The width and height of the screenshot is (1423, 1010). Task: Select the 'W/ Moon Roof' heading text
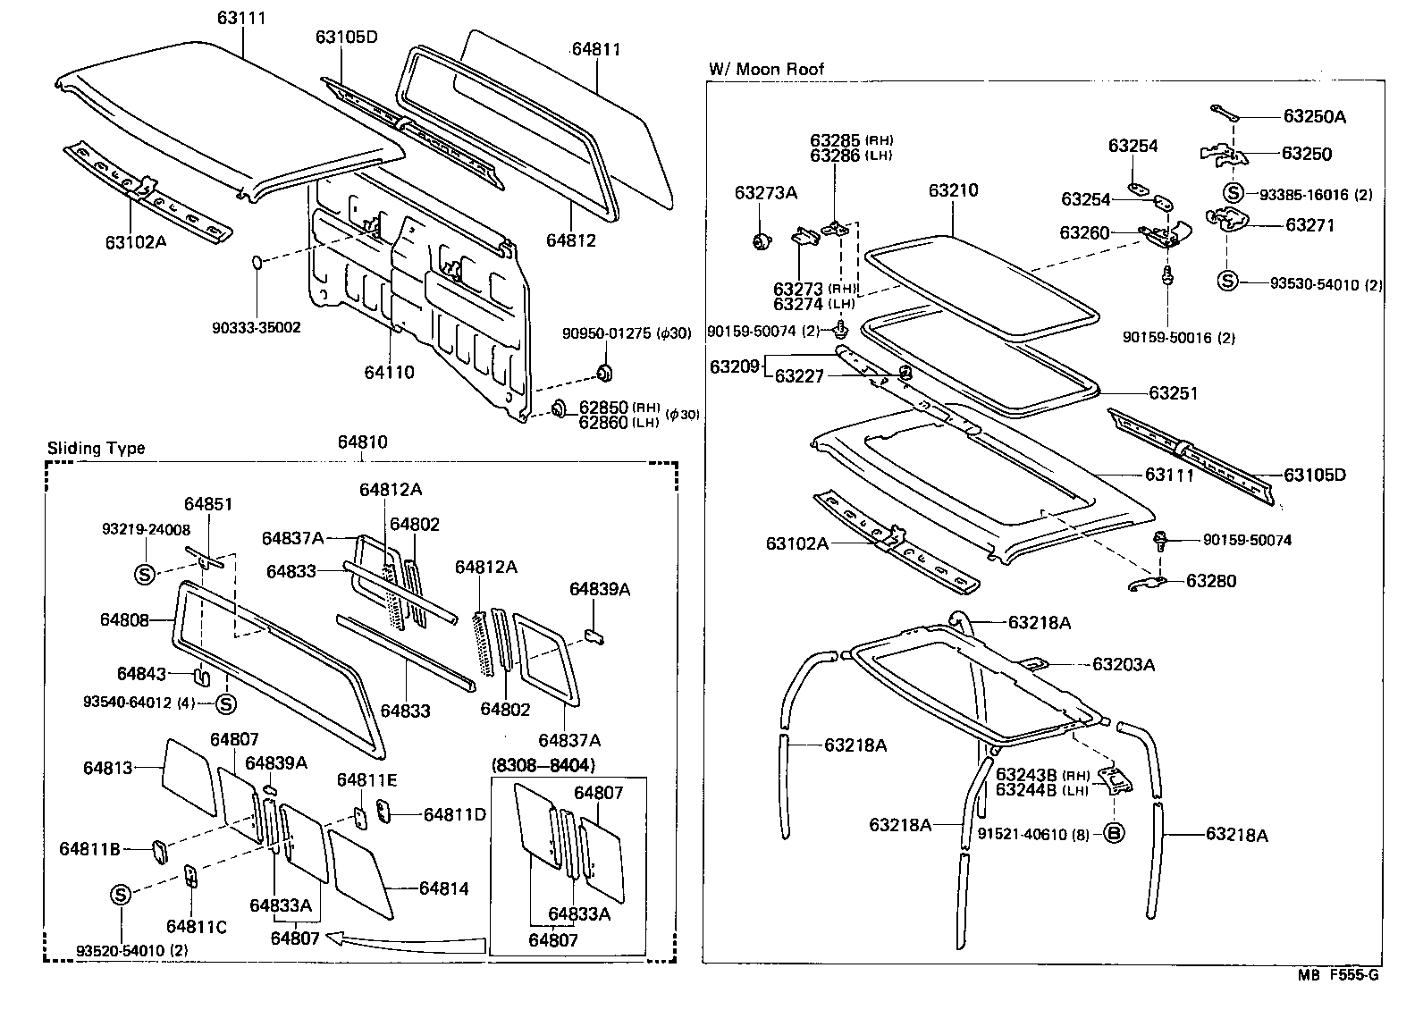click(x=766, y=69)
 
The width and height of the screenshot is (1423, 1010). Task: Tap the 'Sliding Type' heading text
click(x=96, y=449)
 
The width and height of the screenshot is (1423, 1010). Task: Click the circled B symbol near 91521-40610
click(x=1114, y=833)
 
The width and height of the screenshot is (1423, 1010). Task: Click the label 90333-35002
click(x=257, y=328)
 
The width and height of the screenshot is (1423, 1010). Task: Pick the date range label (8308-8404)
click(x=543, y=765)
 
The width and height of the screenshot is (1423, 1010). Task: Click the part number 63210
click(x=953, y=190)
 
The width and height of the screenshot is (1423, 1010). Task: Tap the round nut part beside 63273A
click(x=762, y=240)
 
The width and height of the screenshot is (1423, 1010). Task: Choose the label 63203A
click(x=1124, y=664)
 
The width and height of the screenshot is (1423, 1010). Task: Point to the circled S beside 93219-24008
click(x=145, y=574)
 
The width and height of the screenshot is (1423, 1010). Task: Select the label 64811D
click(x=454, y=814)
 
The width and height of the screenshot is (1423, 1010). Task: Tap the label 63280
click(x=1211, y=581)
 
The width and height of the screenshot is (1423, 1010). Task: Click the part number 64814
click(x=443, y=888)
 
